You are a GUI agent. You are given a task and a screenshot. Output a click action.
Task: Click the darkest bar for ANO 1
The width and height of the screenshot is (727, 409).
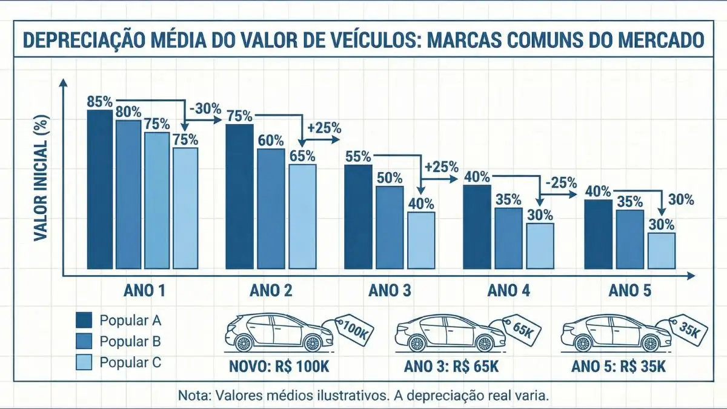[x=99, y=189]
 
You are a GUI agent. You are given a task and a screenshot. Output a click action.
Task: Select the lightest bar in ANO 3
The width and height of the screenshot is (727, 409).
[x=420, y=240]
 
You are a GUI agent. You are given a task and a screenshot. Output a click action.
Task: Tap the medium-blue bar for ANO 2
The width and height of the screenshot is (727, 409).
[x=271, y=208]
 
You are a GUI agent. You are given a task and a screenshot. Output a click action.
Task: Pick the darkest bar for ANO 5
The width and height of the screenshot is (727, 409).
[x=598, y=234]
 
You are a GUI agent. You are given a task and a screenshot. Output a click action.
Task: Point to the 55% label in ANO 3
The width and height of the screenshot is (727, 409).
[x=357, y=156]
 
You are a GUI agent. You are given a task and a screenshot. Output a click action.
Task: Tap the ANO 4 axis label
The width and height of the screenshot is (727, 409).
[x=509, y=291]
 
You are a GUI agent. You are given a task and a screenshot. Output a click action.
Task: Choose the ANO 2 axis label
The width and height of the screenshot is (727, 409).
[x=271, y=291]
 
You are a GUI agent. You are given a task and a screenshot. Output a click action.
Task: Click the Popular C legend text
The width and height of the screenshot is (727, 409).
[x=130, y=362]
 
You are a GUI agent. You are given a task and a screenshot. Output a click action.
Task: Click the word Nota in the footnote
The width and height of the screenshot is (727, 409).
[x=193, y=396]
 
